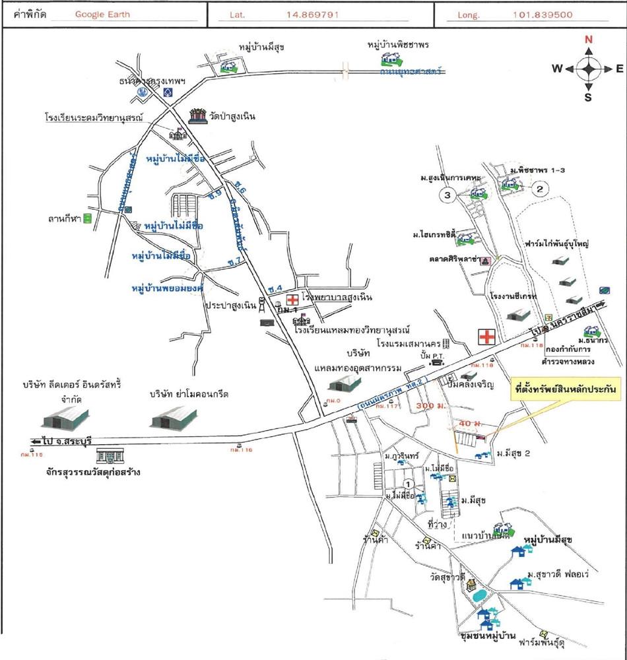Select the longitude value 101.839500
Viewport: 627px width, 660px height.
(542, 15)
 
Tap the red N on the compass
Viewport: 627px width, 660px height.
(588, 40)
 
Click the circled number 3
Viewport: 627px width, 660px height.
(447, 195)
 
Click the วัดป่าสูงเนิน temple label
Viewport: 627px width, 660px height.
(231, 117)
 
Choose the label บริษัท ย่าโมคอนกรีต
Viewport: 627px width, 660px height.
(189, 394)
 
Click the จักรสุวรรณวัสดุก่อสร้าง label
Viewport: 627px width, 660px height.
(90, 472)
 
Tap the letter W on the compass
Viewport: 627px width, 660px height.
(557, 68)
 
